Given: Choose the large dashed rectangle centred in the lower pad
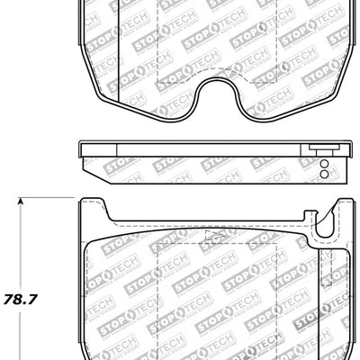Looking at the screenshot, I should (207, 297).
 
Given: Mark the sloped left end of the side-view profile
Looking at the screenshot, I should (88, 166).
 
